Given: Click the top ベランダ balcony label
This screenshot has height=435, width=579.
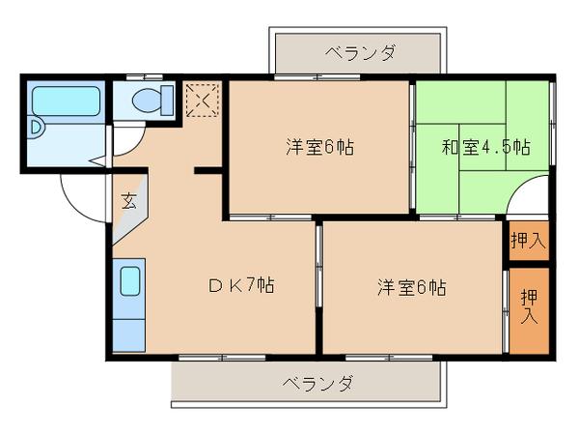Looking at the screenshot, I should point(358,52).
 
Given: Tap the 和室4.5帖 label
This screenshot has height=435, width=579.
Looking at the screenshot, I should point(486,148).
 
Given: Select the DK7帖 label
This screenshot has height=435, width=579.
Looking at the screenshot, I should point(243,286).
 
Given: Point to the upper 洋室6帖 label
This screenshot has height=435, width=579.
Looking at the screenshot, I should point(319,148).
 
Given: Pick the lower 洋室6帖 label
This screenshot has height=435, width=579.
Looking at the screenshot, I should point(412,287).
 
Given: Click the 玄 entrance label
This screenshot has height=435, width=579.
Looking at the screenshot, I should point(128,201).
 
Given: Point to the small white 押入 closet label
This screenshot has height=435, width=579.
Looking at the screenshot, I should point(529,241).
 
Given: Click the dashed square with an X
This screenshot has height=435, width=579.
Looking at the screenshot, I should point(203,100).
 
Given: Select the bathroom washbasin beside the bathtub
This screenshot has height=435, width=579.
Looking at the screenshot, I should point(37,126).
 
